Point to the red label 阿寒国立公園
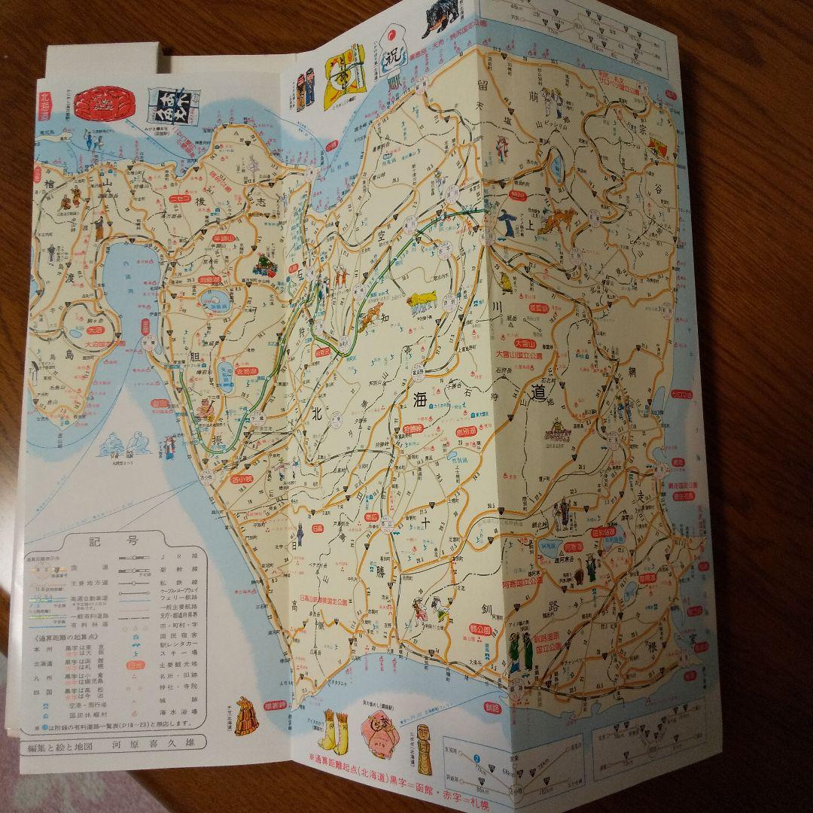pos(534,582)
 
